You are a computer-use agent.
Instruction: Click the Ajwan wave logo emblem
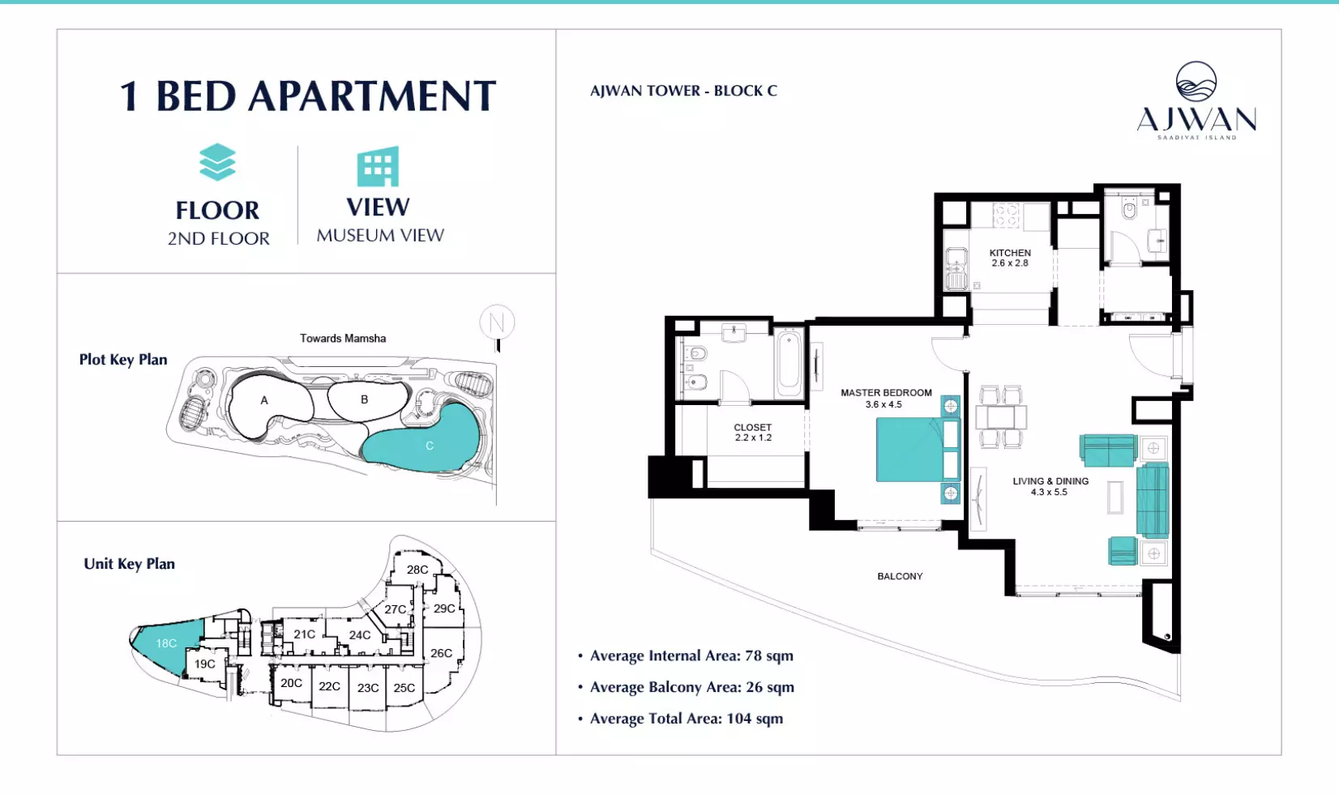click(1196, 81)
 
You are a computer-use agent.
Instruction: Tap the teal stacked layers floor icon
click(217, 162)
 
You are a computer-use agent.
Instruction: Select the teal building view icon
click(378, 166)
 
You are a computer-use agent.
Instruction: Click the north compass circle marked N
click(497, 322)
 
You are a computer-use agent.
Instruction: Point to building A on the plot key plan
click(264, 401)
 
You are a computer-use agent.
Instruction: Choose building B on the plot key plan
click(364, 399)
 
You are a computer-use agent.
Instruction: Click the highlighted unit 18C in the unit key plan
click(167, 644)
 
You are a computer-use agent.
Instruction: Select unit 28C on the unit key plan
click(417, 570)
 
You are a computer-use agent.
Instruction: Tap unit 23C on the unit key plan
click(368, 688)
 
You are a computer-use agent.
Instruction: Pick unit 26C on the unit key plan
click(441, 654)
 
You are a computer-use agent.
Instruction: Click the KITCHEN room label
click(1010, 253)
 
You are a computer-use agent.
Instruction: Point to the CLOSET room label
click(753, 427)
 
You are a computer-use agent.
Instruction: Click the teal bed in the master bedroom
click(918, 450)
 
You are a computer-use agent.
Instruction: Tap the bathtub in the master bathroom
click(789, 362)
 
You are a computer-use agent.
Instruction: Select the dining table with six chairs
click(1001, 417)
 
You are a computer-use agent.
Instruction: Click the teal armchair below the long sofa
click(1122, 550)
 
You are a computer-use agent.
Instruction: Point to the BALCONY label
click(900, 577)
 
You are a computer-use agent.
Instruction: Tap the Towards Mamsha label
click(343, 338)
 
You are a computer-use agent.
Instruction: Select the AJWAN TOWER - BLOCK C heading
click(683, 91)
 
